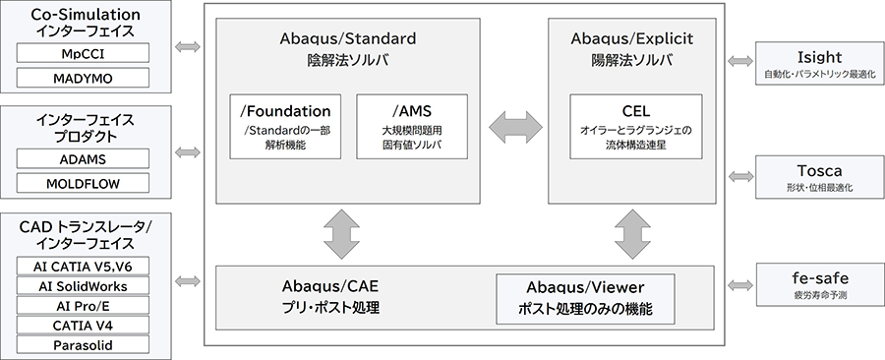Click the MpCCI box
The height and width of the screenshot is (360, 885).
pos(83,51)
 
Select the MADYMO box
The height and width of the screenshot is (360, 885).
pos(83,77)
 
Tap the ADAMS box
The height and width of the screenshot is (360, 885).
pos(83,158)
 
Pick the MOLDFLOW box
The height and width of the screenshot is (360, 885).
pos(83,183)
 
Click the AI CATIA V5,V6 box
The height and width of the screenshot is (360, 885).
pos(83,266)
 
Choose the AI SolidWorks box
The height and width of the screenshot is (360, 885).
pos(83,285)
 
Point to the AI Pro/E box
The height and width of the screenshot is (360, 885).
pos(83,305)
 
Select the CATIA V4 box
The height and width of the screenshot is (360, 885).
pos(83,325)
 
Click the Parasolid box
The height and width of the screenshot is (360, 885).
pos(83,344)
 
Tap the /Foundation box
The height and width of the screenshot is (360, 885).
pos(285,126)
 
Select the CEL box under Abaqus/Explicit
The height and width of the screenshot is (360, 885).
pos(636,126)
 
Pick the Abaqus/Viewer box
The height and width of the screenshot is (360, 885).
pos(585,299)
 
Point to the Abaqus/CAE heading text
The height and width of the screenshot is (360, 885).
pos(328,286)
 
